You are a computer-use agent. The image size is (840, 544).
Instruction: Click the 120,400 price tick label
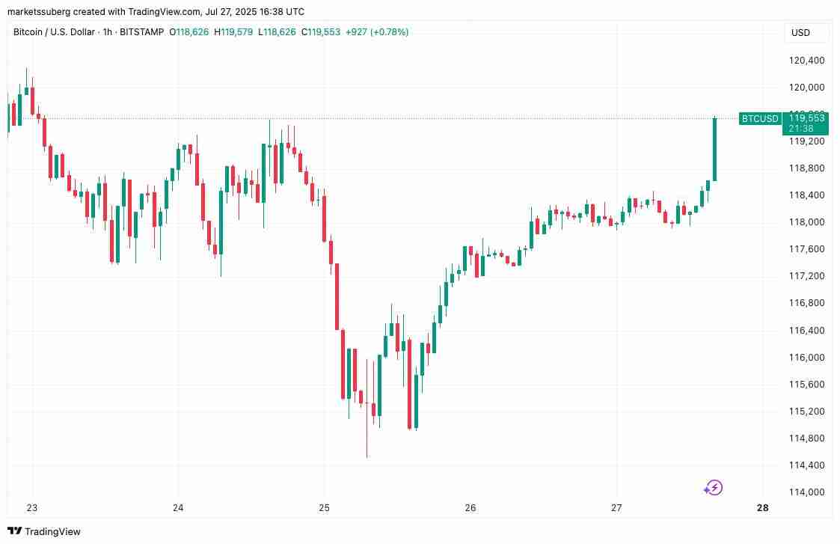(806, 60)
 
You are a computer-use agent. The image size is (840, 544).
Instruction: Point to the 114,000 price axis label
(806, 492)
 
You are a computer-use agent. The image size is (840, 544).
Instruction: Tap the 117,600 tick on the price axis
(806, 248)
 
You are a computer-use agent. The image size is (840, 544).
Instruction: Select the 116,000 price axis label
(806, 357)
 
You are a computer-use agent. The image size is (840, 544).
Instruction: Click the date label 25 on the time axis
(324, 508)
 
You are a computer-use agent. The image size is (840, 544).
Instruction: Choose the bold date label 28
(762, 508)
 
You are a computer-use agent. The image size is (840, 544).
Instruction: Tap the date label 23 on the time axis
(32, 508)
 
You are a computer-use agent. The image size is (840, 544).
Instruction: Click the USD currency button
(800, 33)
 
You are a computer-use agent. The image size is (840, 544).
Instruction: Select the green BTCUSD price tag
(760, 118)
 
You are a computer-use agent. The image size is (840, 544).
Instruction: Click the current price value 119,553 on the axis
(806, 118)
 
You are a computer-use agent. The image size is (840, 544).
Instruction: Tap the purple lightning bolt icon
(714, 489)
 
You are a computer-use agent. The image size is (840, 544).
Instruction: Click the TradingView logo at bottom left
(44, 531)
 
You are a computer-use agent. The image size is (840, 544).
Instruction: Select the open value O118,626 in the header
(188, 32)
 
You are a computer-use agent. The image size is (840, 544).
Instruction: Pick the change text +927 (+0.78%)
(377, 32)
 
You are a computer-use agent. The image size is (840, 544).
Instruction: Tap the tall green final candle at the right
(714, 150)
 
